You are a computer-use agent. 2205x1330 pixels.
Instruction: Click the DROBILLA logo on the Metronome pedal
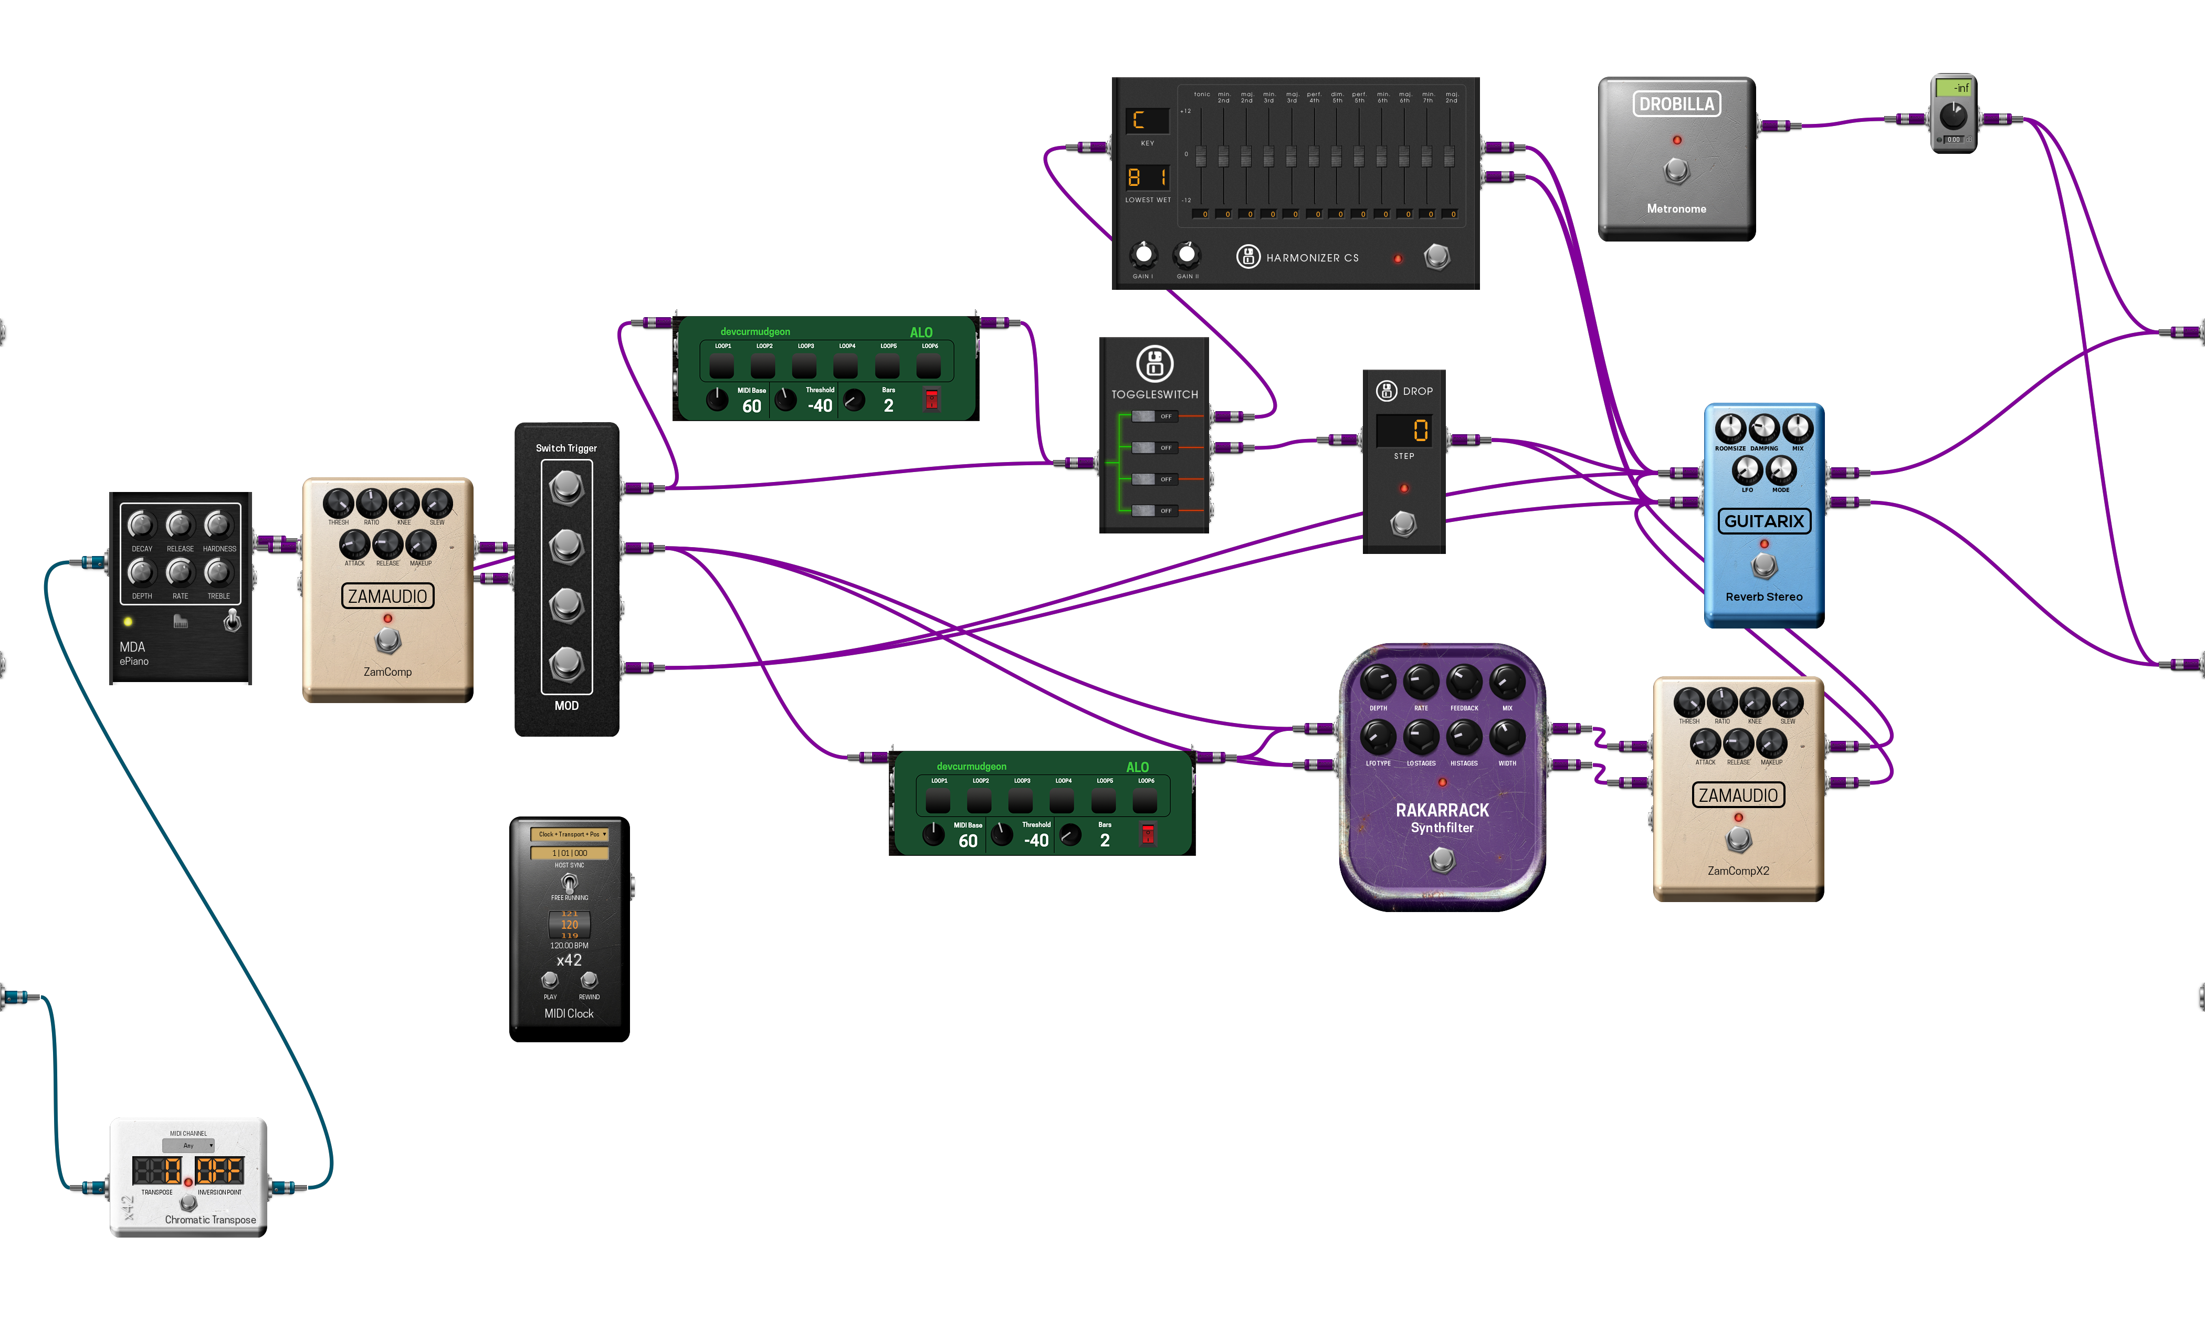(1676, 104)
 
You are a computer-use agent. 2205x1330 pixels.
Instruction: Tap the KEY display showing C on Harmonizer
(1147, 120)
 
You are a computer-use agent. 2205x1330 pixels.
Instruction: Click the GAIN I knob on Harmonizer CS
(1143, 255)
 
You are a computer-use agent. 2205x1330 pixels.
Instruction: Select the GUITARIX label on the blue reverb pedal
(1764, 521)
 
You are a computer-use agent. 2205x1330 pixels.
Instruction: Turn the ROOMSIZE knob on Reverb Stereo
(1730, 428)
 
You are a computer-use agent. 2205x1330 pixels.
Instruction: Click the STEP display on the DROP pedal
(1403, 431)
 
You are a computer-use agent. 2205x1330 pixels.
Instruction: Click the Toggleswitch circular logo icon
(1154, 363)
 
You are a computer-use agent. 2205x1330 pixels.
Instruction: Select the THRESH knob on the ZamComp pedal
(338, 503)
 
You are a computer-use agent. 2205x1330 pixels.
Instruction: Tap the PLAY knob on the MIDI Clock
(550, 981)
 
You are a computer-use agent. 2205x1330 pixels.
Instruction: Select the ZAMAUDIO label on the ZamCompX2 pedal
(1738, 795)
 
